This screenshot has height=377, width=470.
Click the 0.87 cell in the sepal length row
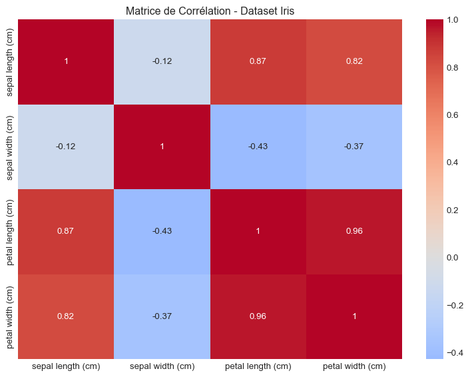click(258, 62)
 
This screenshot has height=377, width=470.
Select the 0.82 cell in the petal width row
click(65, 316)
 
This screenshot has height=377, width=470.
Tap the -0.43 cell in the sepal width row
click(258, 147)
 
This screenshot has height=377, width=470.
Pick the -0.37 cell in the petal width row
click(161, 316)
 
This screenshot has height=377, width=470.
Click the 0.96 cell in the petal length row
click(354, 231)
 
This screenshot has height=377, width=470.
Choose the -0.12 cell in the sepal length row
click(161, 62)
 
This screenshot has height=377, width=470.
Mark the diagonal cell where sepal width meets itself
click(161, 147)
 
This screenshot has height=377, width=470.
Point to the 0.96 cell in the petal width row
click(258, 316)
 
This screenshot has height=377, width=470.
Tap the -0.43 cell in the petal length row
click(161, 231)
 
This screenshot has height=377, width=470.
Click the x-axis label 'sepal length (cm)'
click(65, 366)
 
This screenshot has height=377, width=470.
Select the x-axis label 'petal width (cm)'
click(354, 366)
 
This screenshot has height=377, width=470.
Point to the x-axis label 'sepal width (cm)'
click(161, 366)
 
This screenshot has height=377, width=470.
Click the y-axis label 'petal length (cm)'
click(10, 231)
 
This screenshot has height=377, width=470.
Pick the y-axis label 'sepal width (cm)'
click(10, 147)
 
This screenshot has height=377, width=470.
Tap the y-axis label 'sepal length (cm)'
click(10, 62)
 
